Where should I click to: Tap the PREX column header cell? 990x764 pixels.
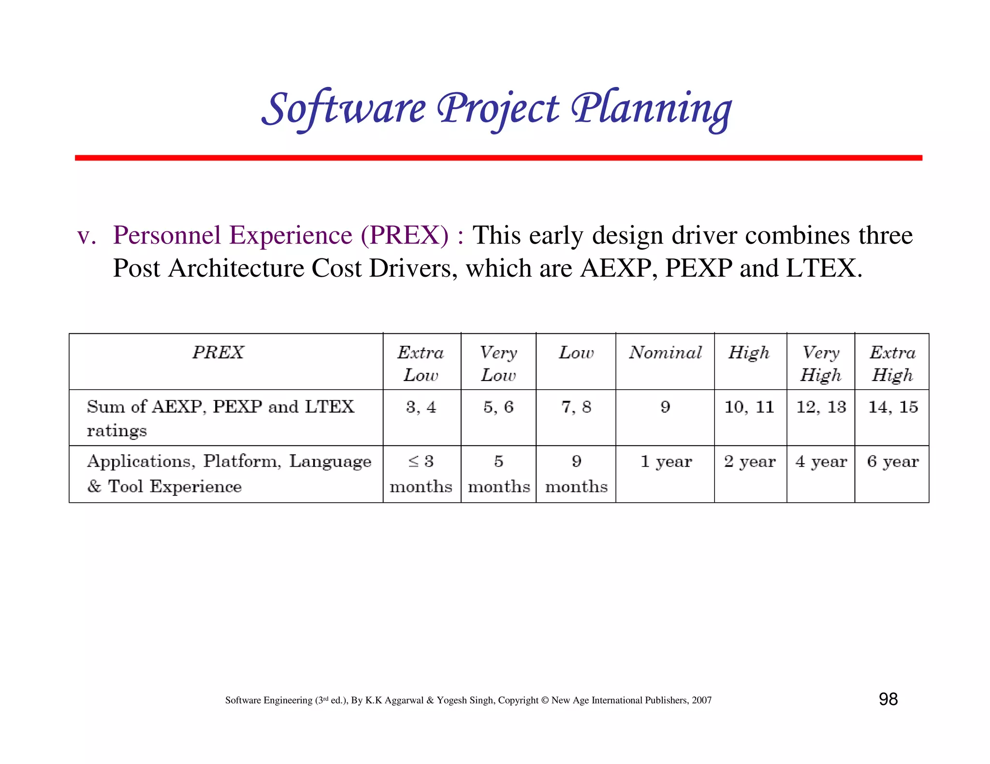click(x=218, y=353)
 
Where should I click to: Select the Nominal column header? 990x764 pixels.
click(x=665, y=353)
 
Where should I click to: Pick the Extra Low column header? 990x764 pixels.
click(x=421, y=363)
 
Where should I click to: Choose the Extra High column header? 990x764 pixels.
click(x=892, y=363)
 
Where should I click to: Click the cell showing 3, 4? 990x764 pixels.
click(x=421, y=407)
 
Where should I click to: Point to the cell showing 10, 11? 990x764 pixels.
click(x=749, y=407)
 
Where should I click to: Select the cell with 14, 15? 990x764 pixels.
click(x=893, y=407)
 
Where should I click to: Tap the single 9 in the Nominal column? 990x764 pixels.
click(x=665, y=407)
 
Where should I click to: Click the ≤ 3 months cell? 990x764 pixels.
click(x=421, y=473)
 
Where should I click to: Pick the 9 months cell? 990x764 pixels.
click(x=576, y=473)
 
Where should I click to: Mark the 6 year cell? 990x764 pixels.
click(x=892, y=462)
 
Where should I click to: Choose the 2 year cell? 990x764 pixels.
click(x=750, y=462)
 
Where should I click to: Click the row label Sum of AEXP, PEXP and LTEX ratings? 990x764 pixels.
click(x=220, y=417)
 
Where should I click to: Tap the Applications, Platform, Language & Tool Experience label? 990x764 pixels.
click(x=229, y=473)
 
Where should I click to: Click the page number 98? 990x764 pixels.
click(x=888, y=699)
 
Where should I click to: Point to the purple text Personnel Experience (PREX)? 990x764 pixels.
click(x=281, y=236)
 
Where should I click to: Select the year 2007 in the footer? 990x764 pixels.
click(x=701, y=700)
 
